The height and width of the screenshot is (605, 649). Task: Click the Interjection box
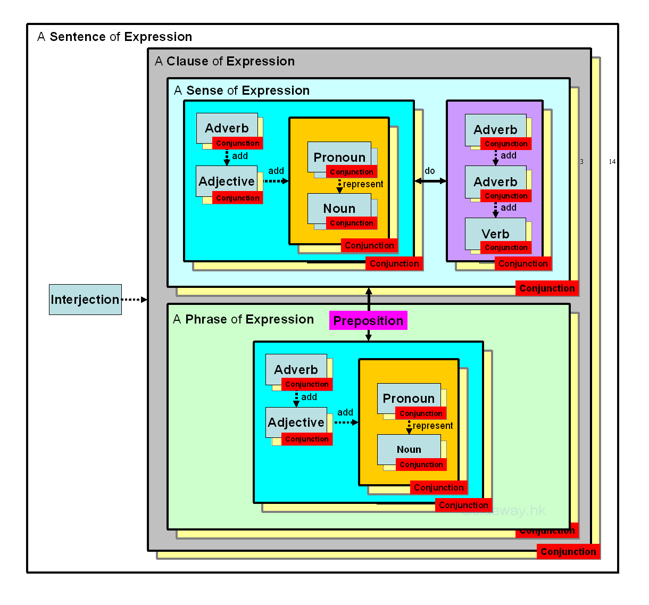pos(85,300)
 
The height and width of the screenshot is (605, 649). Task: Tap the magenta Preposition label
pos(368,320)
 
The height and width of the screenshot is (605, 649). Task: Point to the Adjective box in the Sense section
pos(227,181)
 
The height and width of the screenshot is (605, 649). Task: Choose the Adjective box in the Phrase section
pos(296,422)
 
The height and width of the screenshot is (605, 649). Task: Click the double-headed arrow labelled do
pos(430,181)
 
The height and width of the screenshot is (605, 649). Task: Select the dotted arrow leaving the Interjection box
pos(134,300)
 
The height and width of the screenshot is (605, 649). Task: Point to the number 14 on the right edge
pos(612,161)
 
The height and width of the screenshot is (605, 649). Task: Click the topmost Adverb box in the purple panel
pos(495,129)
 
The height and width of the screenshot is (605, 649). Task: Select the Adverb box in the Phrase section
pos(296,369)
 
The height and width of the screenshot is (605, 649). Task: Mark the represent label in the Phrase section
pos(433,426)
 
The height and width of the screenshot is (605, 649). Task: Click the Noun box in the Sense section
pos(339,208)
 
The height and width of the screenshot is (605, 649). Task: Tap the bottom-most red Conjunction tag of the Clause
pos(568,552)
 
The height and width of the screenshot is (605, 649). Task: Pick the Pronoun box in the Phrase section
pos(409,397)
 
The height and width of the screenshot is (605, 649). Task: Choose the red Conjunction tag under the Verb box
pos(506,247)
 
